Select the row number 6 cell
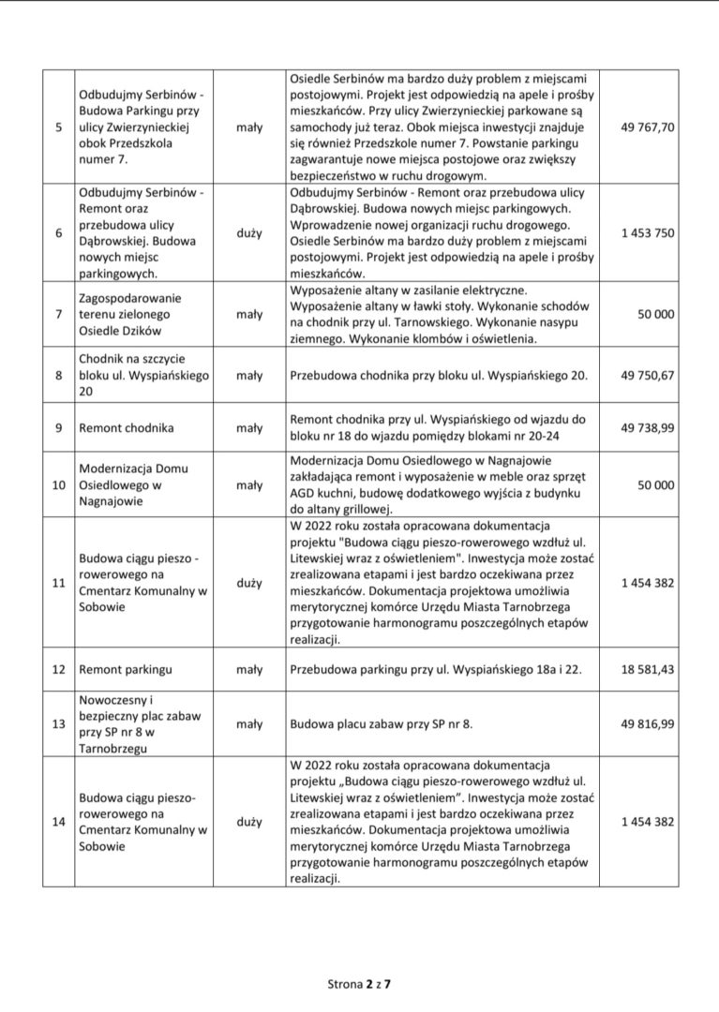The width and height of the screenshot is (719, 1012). pyautogui.click(x=59, y=232)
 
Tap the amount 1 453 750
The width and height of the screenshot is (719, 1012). pyautogui.click(x=647, y=232)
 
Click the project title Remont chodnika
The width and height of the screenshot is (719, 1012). pyautogui.click(x=127, y=428)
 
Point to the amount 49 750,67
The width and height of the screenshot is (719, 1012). pyautogui.click(x=647, y=375)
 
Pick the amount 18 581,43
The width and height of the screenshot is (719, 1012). pyautogui.click(x=647, y=670)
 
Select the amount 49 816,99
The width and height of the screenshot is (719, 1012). pyautogui.click(x=647, y=723)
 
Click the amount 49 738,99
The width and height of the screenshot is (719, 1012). pyautogui.click(x=647, y=428)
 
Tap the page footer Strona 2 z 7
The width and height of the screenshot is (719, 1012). pyautogui.click(x=359, y=984)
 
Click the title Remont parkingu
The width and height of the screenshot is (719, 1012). pyautogui.click(x=126, y=670)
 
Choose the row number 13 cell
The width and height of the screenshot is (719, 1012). pyautogui.click(x=59, y=723)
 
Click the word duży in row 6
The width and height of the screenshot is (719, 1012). pyautogui.click(x=249, y=232)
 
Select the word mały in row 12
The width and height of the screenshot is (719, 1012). pyautogui.click(x=249, y=670)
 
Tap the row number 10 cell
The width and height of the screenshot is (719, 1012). pyautogui.click(x=59, y=484)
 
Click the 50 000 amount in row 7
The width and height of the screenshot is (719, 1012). pyautogui.click(x=655, y=315)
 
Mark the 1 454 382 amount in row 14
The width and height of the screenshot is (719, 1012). pyautogui.click(x=647, y=822)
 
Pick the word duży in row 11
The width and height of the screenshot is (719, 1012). pyautogui.click(x=249, y=583)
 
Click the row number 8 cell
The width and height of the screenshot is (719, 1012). pyautogui.click(x=59, y=375)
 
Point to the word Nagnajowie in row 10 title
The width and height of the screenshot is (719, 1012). pyautogui.click(x=115, y=503)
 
